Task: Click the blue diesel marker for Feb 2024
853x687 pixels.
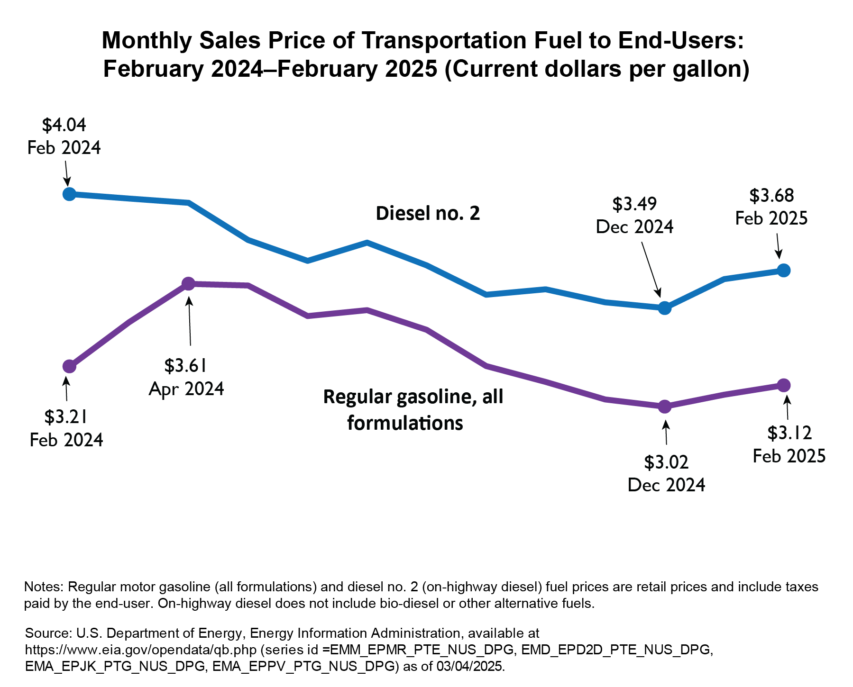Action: pyautogui.click(x=69, y=194)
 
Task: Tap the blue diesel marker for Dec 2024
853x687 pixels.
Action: pyautogui.click(x=665, y=308)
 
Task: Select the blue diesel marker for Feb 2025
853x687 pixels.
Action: pyautogui.click(x=784, y=270)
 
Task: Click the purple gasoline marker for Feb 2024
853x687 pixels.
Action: pyautogui.click(x=69, y=366)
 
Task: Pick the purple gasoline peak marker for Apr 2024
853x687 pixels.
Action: pyautogui.click(x=188, y=284)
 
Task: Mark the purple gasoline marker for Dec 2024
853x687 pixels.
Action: pyautogui.click(x=665, y=407)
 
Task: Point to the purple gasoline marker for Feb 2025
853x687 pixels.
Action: pyautogui.click(x=784, y=385)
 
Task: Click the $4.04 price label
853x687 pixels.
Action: pyautogui.click(x=64, y=125)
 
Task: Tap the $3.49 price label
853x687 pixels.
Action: pyautogui.click(x=634, y=204)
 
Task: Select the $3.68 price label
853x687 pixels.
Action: pyautogui.click(x=771, y=195)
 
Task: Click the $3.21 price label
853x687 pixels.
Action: pyautogui.click(x=66, y=417)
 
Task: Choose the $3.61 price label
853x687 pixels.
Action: pyautogui.click(x=186, y=366)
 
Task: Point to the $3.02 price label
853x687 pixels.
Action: pyautogui.click(x=666, y=462)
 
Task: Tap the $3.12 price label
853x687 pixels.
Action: pyautogui.click(x=789, y=433)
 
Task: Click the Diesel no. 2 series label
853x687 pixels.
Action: pyautogui.click(x=428, y=214)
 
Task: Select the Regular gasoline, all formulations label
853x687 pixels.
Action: pyautogui.click(x=413, y=409)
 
